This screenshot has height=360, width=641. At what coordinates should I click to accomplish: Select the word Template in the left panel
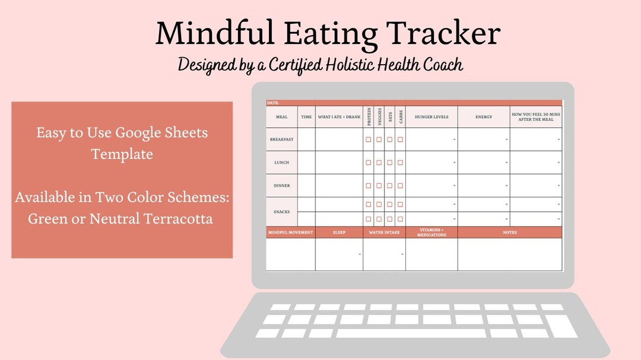pos(122,154)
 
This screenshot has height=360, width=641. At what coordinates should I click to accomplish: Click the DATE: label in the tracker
pos(273,103)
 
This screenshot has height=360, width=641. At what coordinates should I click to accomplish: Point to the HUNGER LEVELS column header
pos(431,117)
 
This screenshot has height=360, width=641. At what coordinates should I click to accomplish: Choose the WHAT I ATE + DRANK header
pos(339,117)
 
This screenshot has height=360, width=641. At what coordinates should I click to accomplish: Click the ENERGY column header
pos(484,117)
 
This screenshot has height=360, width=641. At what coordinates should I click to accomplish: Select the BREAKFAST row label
pos(281,139)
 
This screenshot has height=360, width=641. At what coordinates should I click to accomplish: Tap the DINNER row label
pos(281,186)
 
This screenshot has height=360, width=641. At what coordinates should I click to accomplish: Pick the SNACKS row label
pos(281,212)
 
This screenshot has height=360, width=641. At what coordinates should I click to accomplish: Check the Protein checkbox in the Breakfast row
pos(369,139)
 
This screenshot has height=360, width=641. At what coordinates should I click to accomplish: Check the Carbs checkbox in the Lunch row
pos(401,163)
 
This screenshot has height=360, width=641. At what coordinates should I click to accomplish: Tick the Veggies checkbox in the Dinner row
pos(379,186)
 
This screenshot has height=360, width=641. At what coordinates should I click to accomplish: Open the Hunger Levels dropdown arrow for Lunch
pos(455,163)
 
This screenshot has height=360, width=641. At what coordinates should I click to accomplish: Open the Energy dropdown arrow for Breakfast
pos(507,139)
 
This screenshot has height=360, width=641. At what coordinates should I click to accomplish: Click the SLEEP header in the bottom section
pos(339,232)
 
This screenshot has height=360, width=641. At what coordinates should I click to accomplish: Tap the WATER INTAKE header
pos(384,232)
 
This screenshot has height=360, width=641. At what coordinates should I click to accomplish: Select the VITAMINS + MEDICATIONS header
pos(431,232)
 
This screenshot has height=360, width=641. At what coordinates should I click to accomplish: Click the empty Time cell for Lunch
pos(306,163)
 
